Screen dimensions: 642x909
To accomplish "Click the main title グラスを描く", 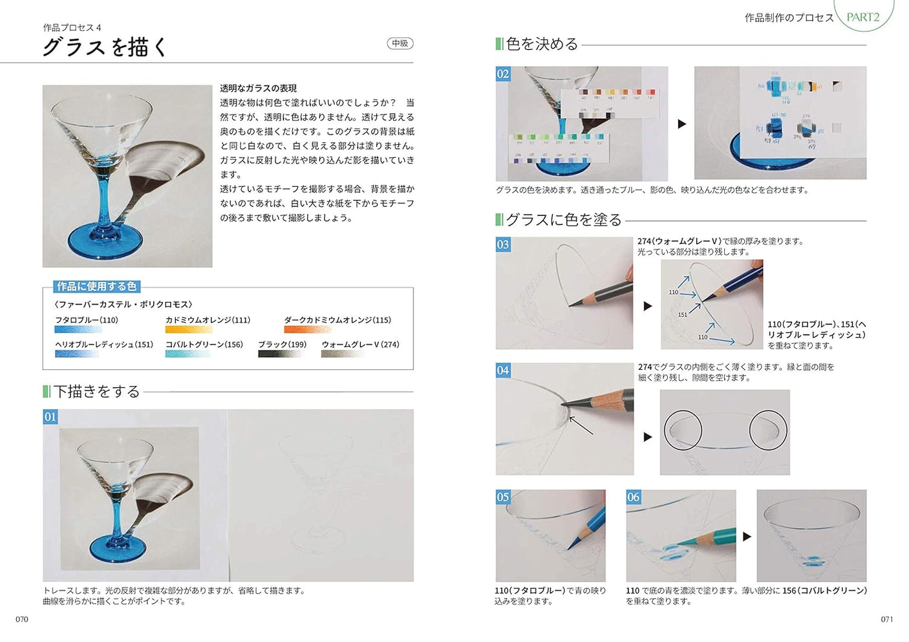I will [x=105, y=47].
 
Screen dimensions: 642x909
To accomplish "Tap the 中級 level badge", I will [x=400, y=43].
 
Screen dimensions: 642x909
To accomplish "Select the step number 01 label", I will [x=50, y=417].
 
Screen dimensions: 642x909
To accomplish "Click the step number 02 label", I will [x=503, y=74].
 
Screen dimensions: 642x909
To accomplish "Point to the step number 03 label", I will [x=503, y=245].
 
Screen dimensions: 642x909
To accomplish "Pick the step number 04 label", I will [x=503, y=370].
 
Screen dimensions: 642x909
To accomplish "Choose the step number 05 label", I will [x=503, y=497].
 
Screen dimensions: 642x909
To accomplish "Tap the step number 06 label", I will [x=634, y=497].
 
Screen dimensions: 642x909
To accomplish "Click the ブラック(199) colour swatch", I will [x=280, y=354].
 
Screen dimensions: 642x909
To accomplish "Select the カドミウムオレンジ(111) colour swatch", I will [x=188, y=330].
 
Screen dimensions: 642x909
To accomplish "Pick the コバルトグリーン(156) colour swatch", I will [x=188, y=354].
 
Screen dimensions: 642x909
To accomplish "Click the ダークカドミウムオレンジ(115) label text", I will [x=337, y=320].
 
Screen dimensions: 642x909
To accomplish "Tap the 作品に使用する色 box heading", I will [x=96, y=286].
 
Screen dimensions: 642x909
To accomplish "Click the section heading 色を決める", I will [x=542, y=44].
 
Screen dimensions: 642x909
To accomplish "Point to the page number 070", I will [x=22, y=619].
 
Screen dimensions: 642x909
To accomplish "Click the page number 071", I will [x=887, y=619].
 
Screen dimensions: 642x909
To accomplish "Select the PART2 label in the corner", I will [x=863, y=17].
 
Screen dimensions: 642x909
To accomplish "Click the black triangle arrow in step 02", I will [x=681, y=124].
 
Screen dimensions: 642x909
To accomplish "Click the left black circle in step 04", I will [x=683, y=430].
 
